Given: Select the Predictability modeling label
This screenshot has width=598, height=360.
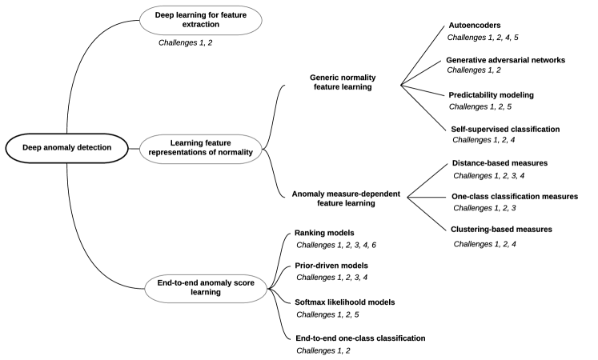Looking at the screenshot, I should point(491,94).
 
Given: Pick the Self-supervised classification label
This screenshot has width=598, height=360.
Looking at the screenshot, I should point(504,128).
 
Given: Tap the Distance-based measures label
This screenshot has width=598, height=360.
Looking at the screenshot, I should point(500,163).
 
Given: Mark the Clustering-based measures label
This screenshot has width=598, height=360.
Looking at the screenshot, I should point(501,230).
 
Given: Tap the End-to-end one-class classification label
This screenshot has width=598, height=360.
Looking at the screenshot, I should point(360,338).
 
